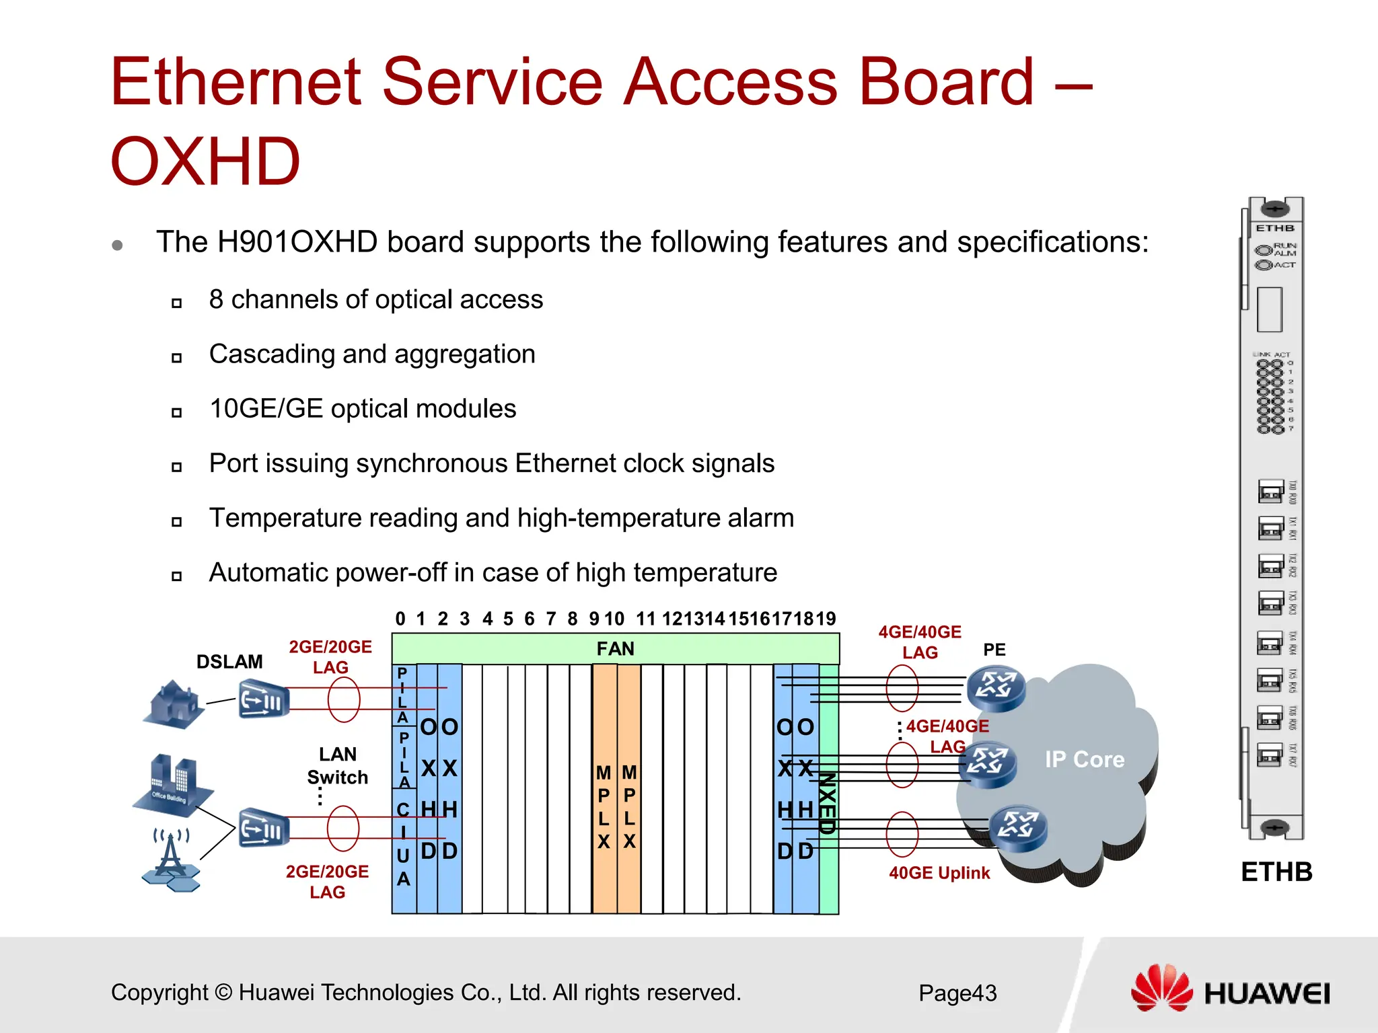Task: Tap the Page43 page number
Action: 957,993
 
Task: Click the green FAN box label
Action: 615,649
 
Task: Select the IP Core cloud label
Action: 1084,759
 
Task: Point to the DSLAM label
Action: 229,662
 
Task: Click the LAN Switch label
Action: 337,765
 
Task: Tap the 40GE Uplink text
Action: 939,873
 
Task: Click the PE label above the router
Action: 994,650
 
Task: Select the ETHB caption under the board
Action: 1276,872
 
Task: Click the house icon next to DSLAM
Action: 174,704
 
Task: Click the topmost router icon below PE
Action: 996,687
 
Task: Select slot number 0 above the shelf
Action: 400,619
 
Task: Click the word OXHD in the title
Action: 205,161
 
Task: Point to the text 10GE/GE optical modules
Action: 363,409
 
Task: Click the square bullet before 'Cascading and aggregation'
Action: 176,357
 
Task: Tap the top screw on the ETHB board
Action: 1274,208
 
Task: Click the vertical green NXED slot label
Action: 828,804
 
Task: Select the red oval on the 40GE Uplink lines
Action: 902,834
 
